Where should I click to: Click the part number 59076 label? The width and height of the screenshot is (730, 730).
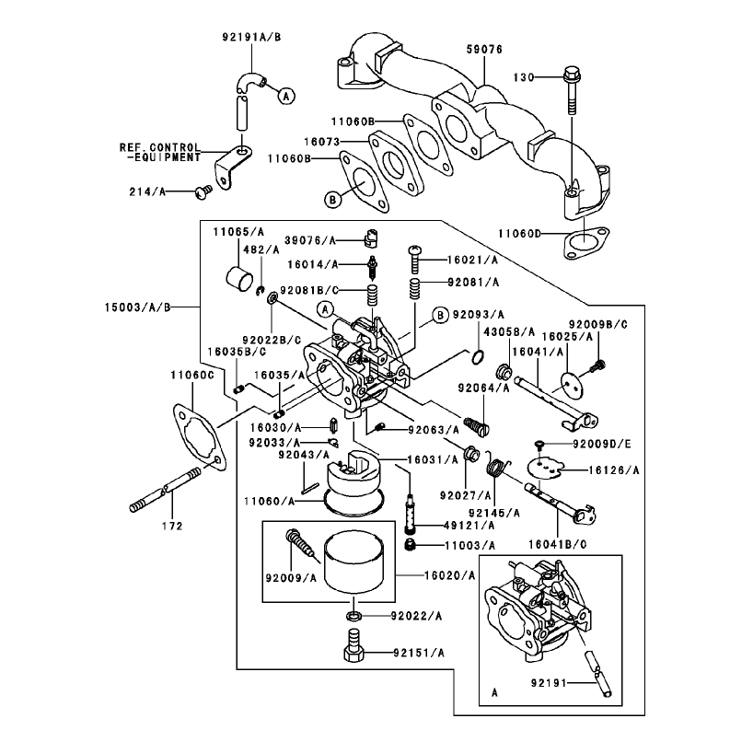click(484, 50)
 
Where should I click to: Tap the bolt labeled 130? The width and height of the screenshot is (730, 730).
click(573, 90)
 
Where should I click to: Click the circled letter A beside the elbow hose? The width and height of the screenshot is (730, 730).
click(286, 96)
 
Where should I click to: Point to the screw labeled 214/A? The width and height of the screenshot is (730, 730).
click(203, 191)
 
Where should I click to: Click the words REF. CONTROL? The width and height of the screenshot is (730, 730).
click(159, 147)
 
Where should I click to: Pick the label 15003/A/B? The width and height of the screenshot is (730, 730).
click(138, 307)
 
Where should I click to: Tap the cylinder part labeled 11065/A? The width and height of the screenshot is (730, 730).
click(239, 279)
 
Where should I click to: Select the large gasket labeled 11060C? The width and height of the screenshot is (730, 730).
click(200, 436)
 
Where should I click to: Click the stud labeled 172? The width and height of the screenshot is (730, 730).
click(166, 491)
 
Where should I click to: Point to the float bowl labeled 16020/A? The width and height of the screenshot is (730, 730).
click(353, 563)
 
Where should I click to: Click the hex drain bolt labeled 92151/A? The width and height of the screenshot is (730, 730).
click(354, 643)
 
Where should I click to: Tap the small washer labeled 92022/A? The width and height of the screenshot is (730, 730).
click(354, 616)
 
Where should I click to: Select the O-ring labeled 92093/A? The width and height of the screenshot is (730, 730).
click(478, 357)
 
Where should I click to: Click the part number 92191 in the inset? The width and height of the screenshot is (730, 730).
click(549, 683)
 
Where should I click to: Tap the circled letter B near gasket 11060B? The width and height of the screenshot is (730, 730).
click(332, 200)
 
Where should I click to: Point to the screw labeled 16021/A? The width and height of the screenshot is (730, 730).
click(414, 260)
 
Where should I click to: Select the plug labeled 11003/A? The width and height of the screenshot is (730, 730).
click(410, 545)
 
